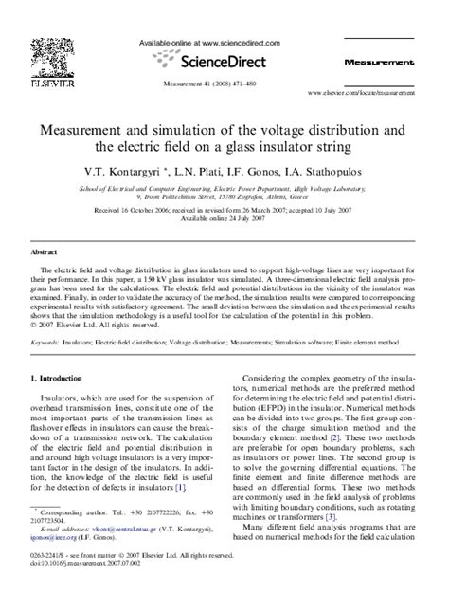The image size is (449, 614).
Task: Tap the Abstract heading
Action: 44,253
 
